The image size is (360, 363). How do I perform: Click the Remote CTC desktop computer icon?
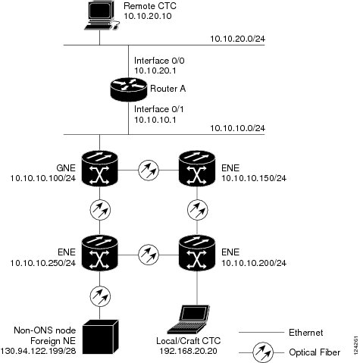click(x=102, y=16)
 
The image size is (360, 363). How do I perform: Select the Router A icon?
click(x=129, y=89)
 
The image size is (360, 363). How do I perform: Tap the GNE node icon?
click(x=100, y=168)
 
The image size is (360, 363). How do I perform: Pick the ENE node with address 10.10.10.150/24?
click(x=197, y=168)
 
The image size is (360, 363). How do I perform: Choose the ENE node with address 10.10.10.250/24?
click(x=100, y=253)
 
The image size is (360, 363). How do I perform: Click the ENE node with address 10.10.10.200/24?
click(x=197, y=253)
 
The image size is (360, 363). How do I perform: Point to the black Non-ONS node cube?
click(x=101, y=336)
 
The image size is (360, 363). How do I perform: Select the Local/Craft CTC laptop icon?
click(x=189, y=320)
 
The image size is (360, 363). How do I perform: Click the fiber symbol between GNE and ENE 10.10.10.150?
click(x=149, y=170)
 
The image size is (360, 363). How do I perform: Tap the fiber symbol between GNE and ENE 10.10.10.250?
click(x=100, y=210)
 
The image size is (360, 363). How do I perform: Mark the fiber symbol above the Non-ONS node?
click(x=100, y=296)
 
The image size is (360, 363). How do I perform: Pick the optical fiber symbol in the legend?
click(x=263, y=352)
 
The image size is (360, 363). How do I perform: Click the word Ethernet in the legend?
click(x=305, y=333)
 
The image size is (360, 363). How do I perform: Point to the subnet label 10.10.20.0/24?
click(x=238, y=39)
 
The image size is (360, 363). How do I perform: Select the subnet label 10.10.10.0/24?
click(x=238, y=128)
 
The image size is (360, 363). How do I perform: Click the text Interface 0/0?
click(x=159, y=61)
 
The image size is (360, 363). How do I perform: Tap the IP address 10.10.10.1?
click(x=155, y=120)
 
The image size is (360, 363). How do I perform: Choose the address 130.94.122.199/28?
click(x=39, y=351)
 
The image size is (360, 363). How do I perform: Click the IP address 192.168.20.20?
click(x=188, y=351)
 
